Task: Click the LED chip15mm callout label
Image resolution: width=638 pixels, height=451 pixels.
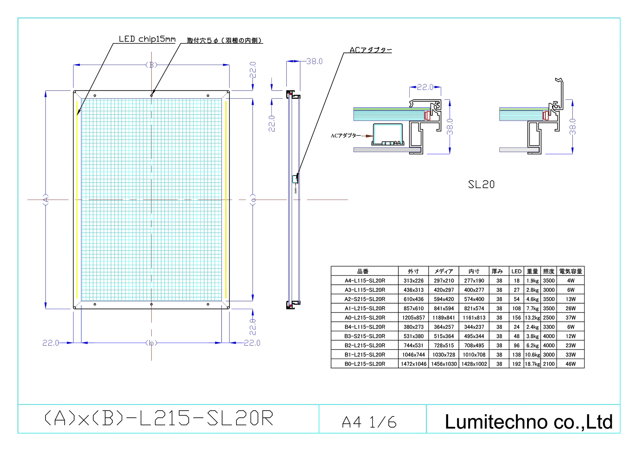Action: point(147,39)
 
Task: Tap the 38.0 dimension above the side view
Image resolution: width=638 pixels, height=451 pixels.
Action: point(314,61)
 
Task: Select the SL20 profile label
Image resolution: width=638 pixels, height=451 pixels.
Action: point(481,184)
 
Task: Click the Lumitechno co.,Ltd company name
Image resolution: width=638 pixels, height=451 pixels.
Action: point(529,421)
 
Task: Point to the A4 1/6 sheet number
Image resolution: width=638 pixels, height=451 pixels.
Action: point(369,422)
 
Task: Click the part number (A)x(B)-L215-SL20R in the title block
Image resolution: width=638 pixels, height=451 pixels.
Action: point(159,418)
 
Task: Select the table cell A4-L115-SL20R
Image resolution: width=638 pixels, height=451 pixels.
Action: point(365,281)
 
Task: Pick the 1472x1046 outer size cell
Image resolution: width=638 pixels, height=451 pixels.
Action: point(413,364)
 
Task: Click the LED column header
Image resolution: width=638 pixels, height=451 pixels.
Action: point(516,271)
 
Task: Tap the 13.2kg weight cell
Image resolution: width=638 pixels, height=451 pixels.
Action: point(532,318)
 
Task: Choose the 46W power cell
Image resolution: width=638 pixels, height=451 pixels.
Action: point(570,364)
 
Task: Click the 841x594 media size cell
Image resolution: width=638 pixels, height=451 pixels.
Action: point(444,308)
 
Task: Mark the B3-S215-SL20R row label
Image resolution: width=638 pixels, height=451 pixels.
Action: point(365,336)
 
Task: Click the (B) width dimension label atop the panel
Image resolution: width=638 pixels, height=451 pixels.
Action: point(152,65)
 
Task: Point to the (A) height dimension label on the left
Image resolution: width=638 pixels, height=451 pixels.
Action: point(46,200)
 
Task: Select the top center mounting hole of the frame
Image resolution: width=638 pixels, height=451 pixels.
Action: point(152,95)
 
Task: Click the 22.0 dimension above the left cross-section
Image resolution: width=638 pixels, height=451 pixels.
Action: point(425,87)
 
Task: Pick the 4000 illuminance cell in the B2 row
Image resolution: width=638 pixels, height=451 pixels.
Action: point(549,345)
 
